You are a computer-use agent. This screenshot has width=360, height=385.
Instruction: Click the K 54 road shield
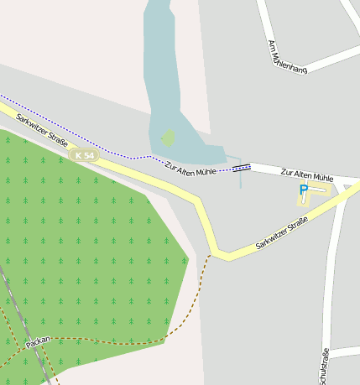[86, 155]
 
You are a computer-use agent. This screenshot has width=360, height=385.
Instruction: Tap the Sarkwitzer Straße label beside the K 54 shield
[41, 130]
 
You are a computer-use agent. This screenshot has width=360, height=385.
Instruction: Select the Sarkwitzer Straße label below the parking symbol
[282, 233]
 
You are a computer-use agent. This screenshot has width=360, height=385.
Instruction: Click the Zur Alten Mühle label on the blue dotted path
[190, 168]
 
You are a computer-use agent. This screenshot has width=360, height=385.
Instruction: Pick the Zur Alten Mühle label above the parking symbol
[307, 174]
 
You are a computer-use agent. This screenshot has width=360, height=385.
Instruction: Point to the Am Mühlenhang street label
[286, 56]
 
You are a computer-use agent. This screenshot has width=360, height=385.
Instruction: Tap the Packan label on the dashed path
[39, 342]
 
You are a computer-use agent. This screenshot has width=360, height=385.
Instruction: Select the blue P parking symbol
[303, 190]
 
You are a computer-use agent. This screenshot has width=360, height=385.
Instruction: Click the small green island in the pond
[168, 137]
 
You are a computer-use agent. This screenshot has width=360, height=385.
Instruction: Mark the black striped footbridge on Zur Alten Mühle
[242, 168]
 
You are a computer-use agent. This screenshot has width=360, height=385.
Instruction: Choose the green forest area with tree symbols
[84, 252]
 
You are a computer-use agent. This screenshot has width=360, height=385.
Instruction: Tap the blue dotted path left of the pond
[76, 134]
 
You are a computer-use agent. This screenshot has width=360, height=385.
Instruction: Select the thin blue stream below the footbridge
[241, 179]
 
